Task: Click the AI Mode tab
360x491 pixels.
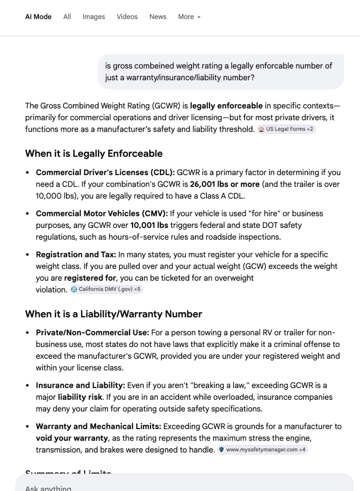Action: pyautogui.click(x=38, y=17)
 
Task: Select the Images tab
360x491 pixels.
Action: pyautogui.click(x=93, y=17)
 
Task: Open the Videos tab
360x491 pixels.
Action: pyautogui.click(x=127, y=17)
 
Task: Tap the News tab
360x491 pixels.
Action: pyautogui.click(x=158, y=17)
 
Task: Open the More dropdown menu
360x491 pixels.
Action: pyautogui.click(x=189, y=17)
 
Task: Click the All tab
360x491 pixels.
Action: pyautogui.click(x=67, y=17)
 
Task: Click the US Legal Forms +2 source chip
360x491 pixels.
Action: pyautogui.click(x=287, y=129)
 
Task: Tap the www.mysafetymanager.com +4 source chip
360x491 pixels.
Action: pyautogui.click(x=263, y=450)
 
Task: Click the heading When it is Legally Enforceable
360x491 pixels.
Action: pyautogui.click(x=94, y=154)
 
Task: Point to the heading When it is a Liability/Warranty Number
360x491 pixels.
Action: pyautogui.click(x=113, y=314)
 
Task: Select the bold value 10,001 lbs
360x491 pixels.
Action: pyautogui.click(x=149, y=225)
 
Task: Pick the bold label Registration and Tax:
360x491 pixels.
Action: pyautogui.click(x=76, y=255)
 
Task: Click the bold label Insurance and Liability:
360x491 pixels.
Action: pyautogui.click(x=81, y=385)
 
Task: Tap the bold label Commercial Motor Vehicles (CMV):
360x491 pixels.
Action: pyautogui.click(x=102, y=214)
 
